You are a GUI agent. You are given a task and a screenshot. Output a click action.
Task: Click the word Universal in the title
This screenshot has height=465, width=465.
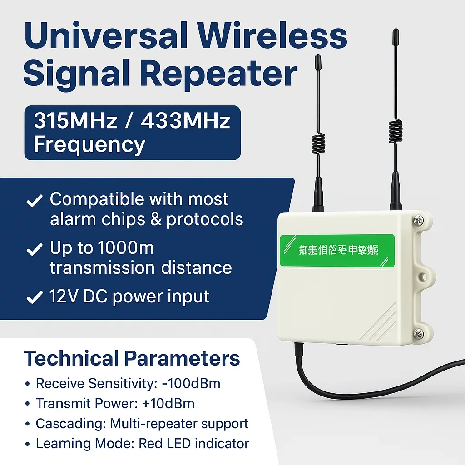(104, 37)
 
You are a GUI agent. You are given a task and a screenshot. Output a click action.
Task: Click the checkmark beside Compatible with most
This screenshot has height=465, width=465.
(35, 201)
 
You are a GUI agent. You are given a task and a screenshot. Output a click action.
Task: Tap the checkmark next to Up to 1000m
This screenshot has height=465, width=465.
(35, 250)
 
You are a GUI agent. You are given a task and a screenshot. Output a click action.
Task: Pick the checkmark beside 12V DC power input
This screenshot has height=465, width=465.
(35, 298)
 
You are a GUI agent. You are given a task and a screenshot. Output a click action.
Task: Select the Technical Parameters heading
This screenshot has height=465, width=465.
(132, 358)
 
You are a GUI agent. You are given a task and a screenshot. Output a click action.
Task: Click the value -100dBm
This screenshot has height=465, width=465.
(191, 383)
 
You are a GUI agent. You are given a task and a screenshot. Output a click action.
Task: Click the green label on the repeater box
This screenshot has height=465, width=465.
(336, 250)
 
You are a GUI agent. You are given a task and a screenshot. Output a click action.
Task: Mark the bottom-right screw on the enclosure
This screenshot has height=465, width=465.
(419, 334)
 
